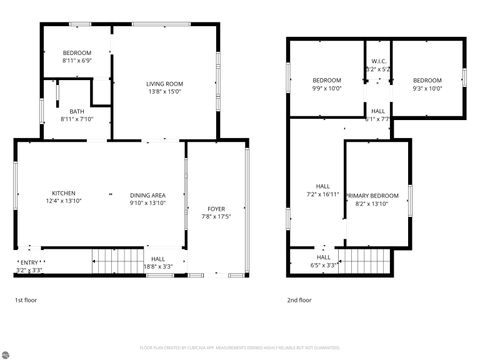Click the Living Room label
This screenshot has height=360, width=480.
(165, 83)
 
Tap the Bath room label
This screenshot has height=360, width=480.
(76, 111)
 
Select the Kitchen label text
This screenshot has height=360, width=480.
(63, 194)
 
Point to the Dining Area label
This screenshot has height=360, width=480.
(147, 194)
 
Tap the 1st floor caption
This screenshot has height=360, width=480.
(26, 300)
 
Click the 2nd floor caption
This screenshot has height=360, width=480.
(299, 300)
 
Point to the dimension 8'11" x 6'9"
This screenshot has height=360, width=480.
(77, 60)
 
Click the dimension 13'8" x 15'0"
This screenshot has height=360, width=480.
(165, 91)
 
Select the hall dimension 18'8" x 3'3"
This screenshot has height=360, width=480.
(158, 267)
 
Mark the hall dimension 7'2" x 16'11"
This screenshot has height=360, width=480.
(323, 193)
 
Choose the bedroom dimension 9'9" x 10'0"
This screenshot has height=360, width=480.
(326, 88)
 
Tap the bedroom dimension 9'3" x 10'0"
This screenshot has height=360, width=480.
(427, 88)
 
